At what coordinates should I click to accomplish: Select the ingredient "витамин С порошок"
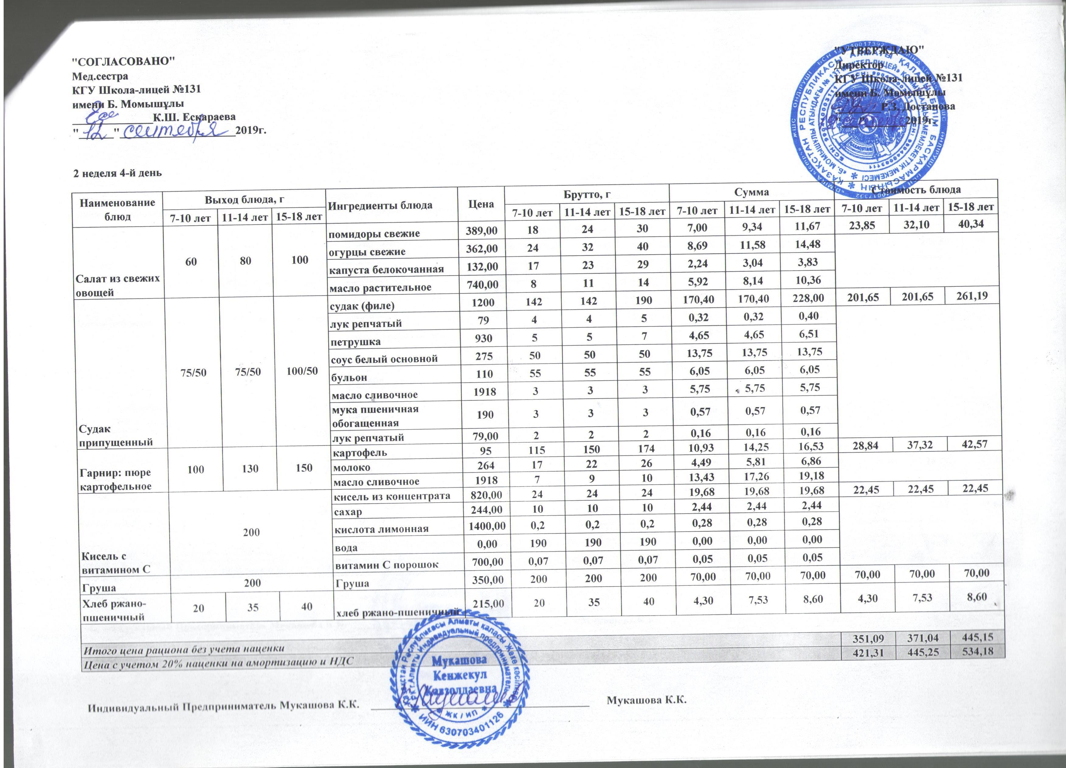point(386,565)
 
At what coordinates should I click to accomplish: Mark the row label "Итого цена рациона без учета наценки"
point(184,649)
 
